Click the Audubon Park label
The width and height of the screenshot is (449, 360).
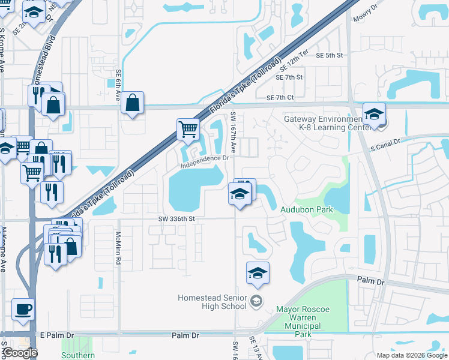point(306,209)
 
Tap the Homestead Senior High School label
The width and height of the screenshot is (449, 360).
point(213,302)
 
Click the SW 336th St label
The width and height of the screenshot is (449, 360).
point(177,219)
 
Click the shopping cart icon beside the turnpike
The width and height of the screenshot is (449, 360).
point(188,129)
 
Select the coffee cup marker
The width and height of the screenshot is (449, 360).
point(23,309)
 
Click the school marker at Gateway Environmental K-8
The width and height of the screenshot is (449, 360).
point(374,114)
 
